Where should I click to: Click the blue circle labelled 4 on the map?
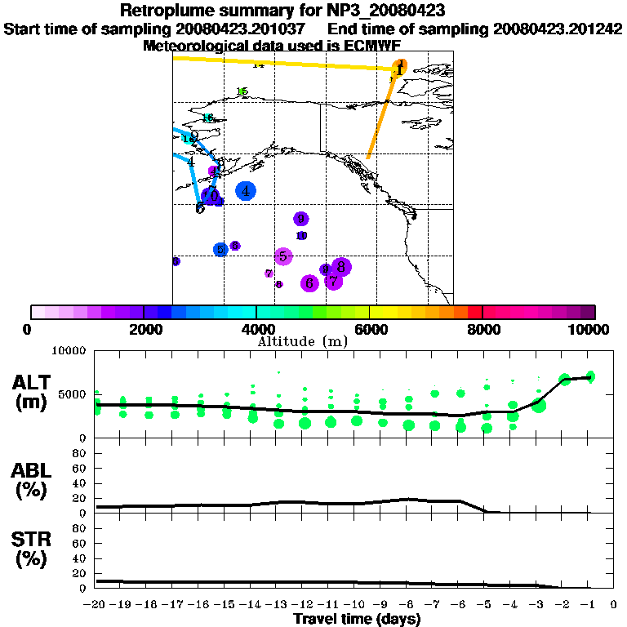tap(246, 190)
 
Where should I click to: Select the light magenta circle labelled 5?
tap(283, 256)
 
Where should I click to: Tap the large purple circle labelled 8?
tap(341, 266)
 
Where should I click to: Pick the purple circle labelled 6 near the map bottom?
tap(309, 283)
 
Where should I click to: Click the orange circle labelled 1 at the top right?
tap(399, 69)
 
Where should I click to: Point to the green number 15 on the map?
tap(242, 91)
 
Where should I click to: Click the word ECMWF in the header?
tap(363, 46)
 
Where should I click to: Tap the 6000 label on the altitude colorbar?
tap(370, 329)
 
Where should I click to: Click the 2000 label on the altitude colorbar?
tap(144, 329)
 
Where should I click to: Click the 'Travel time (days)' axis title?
tap(357, 620)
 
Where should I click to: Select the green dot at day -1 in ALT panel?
tap(590, 376)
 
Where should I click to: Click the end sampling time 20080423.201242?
tap(558, 29)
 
